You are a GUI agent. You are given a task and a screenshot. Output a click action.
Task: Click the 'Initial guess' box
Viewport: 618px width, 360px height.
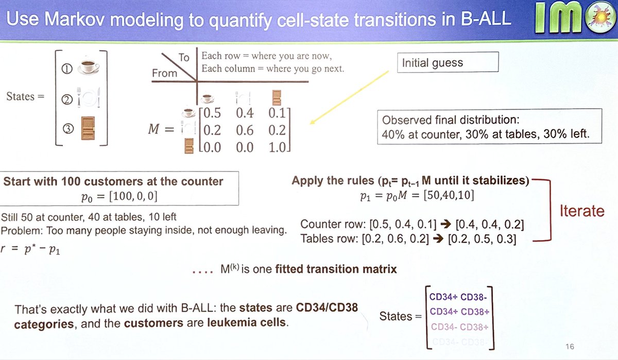448,63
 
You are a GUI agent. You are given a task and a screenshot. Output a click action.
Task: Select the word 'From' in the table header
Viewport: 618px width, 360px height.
164,73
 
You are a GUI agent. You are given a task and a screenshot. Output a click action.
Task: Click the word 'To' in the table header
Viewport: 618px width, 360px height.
184,57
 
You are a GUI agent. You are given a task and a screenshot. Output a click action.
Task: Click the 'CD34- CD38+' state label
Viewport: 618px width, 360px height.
459,327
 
